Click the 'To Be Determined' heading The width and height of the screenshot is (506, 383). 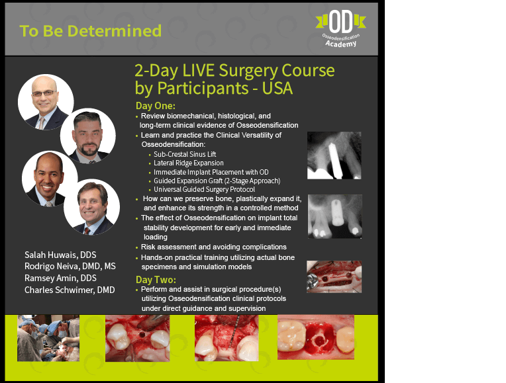90,31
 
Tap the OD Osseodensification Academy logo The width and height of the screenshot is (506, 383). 341,28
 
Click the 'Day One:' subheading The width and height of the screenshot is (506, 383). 155,106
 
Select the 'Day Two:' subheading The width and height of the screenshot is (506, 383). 156,280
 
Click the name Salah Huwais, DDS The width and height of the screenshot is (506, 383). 60,255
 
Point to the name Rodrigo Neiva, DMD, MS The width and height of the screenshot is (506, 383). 70,267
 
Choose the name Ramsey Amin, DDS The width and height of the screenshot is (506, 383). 60,278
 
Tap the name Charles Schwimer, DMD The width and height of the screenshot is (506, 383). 70,290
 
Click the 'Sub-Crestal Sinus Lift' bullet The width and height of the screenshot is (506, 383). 185,154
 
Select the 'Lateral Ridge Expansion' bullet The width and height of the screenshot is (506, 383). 189,163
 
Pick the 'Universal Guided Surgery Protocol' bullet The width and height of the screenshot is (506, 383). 204,189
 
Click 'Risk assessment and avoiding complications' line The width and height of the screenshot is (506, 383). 214,247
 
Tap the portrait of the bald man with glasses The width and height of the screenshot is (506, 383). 46,102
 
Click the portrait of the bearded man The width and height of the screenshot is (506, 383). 88,136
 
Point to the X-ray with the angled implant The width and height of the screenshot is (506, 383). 334,155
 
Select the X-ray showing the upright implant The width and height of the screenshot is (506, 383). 335,216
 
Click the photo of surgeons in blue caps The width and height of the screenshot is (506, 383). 48,338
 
